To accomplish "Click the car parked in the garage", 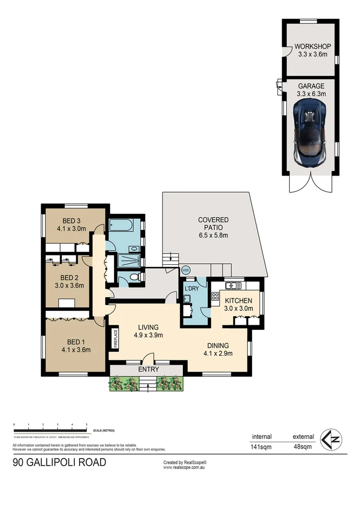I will click(310, 133).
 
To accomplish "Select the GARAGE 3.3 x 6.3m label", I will click(311, 90).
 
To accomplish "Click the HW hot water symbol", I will click(185, 270).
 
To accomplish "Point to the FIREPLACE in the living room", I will click(116, 338).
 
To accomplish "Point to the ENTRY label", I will click(148, 370).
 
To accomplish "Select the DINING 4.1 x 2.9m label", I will click(217, 349).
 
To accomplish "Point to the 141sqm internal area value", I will click(262, 447).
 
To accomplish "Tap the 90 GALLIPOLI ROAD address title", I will click(60, 463).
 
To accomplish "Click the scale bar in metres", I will click(50, 428).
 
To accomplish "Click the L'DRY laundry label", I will click(192, 289).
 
